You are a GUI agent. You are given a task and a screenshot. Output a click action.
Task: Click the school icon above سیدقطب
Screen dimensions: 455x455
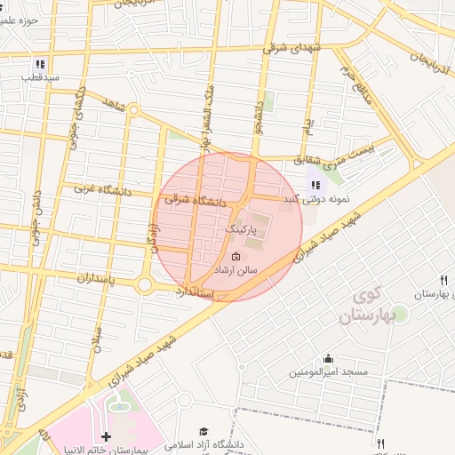click(39, 64)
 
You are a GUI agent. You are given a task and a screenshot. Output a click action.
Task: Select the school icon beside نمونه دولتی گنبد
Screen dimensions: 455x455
click(315, 185)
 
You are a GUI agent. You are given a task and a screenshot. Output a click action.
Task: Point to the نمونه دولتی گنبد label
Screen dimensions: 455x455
click(315, 199)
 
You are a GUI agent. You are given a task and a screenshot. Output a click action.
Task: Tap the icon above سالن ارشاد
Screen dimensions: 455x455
click(235, 256)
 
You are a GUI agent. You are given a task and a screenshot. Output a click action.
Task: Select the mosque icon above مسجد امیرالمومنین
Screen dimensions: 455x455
click(329, 360)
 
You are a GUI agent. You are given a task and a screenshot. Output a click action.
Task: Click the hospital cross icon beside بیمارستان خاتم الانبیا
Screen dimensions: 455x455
click(107, 436)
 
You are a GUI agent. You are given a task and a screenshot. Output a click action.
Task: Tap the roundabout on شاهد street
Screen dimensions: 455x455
click(133, 110)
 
